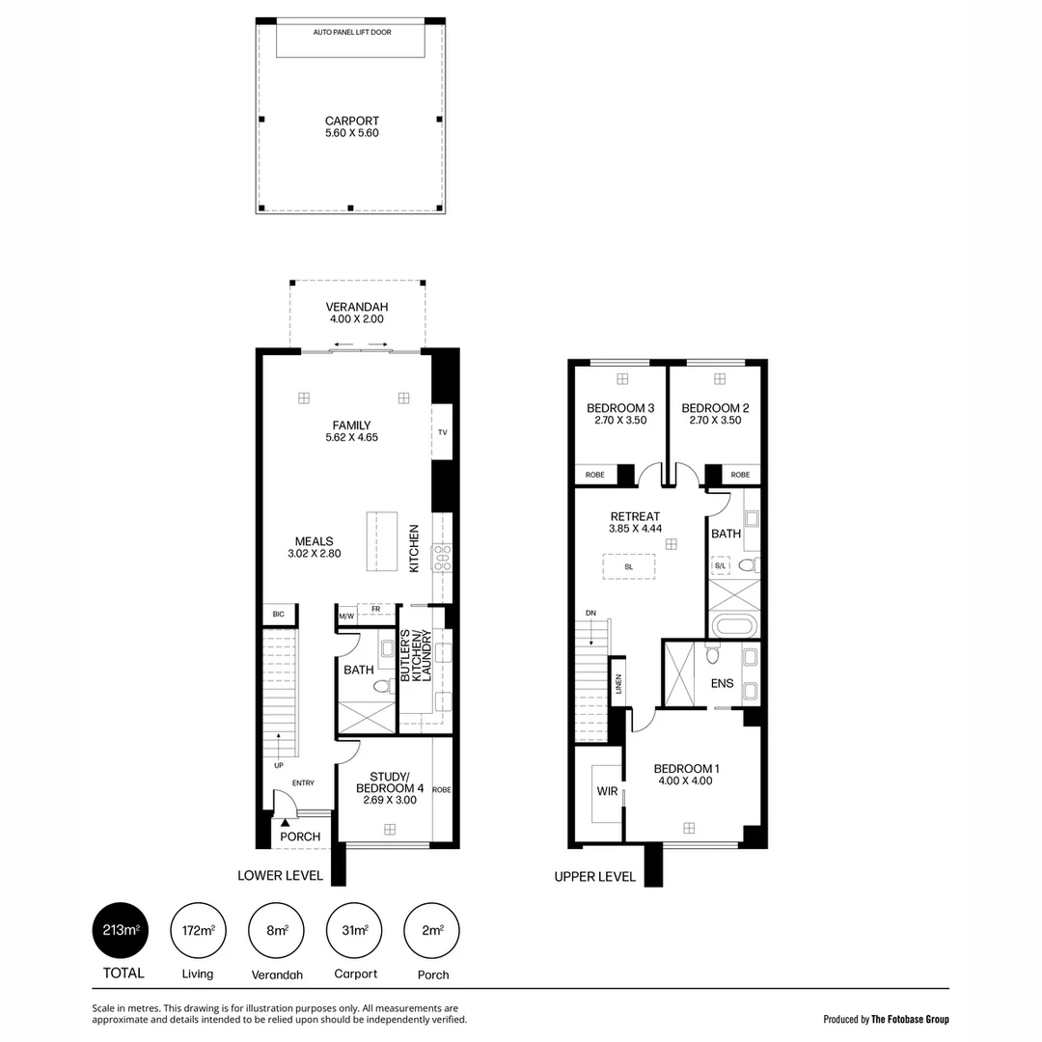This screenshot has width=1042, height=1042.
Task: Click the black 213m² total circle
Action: [122, 931]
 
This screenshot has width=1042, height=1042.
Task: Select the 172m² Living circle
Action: [198, 931]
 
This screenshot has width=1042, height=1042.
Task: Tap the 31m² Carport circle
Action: [355, 931]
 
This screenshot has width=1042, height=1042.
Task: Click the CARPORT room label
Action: [351, 122]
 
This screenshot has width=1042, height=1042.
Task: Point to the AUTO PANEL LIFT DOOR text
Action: [351, 32]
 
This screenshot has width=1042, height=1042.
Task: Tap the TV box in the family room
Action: [442, 433]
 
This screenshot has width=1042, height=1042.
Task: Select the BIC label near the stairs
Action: [278, 615]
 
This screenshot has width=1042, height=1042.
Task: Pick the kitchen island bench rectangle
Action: [383, 542]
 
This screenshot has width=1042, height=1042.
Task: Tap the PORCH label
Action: [299, 836]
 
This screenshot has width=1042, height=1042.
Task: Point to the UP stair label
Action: [278, 766]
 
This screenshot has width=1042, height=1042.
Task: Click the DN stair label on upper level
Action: [590, 613]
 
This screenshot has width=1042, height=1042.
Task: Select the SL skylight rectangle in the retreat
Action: [629, 566]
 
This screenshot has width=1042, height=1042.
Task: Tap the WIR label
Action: [607, 792]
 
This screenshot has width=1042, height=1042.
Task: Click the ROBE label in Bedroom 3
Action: [595, 475]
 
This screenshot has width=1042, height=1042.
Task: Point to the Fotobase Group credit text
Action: [886, 1019]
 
